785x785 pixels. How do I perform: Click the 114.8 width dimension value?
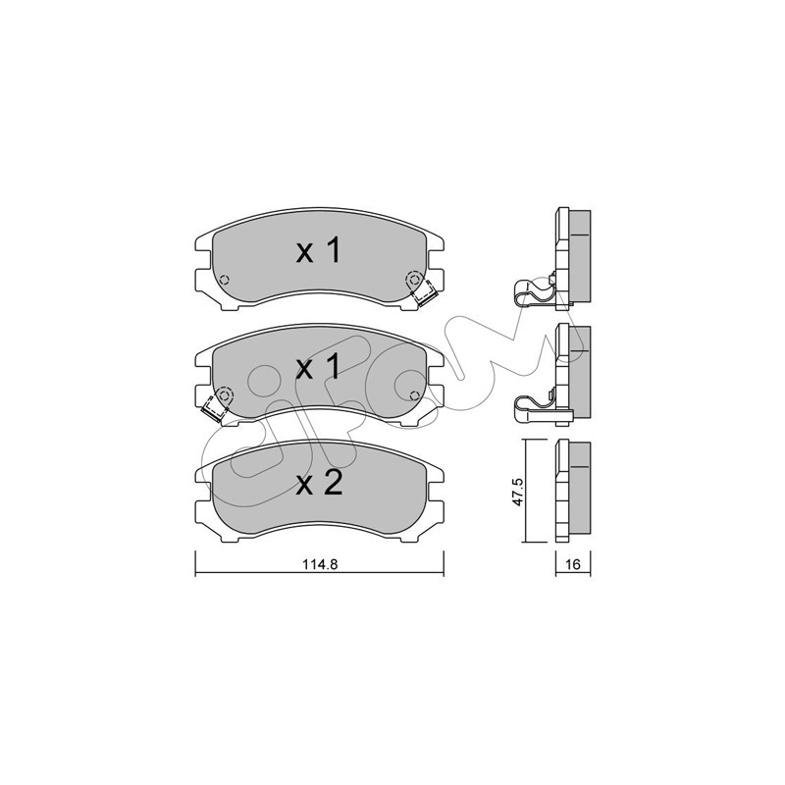tap(320, 564)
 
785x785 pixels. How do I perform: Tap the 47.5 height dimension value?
tap(517, 492)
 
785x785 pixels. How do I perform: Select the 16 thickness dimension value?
tap(573, 564)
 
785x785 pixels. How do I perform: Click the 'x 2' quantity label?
tap(319, 483)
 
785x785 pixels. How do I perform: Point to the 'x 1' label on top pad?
tap(318, 250)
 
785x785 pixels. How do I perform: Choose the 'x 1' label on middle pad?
tap(318, 367)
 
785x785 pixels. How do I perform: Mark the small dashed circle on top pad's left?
tap(224, 280)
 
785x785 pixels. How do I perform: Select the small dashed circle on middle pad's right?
tap(414, 395)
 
